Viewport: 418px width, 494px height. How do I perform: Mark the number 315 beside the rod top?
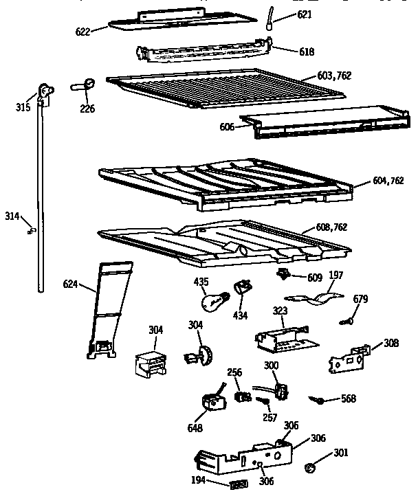coord(24,108)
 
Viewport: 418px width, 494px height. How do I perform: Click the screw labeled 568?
coord(318,399)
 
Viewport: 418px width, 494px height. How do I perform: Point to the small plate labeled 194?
coord(239,484)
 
